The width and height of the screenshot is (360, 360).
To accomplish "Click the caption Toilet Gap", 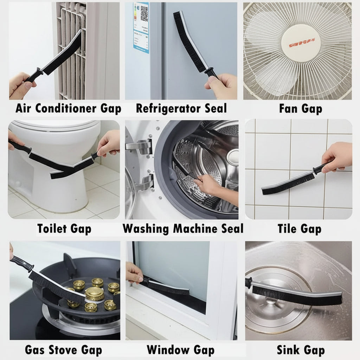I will click(x=64, y=229).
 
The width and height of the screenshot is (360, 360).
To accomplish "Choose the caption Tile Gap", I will click(x=300, y=229).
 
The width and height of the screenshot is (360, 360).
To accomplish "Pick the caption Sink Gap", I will click(x=301, y=350).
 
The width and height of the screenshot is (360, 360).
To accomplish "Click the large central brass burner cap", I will click(x=95, y=293).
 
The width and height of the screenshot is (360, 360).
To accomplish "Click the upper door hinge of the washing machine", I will click(x=140, y=147).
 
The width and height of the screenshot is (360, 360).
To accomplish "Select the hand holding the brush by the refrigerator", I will click(x=222, y=85).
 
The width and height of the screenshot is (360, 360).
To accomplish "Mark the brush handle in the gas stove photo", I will click(x=21, y=263).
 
